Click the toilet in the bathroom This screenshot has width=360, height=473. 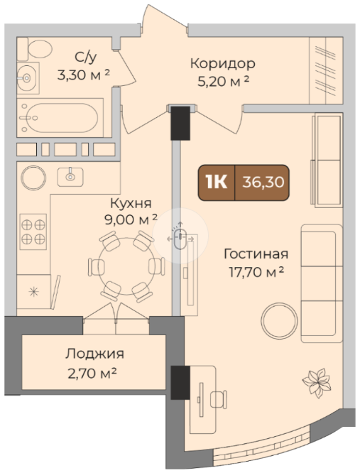click(35, 49)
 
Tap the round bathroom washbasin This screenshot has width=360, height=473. click(27, 78)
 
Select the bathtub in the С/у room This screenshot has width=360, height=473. click(60, 118)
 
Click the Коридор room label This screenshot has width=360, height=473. click(223, 64)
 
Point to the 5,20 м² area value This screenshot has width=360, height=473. click(224, 81)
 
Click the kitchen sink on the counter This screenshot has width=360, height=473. click(70, 177)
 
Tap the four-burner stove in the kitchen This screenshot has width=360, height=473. click(33, 232)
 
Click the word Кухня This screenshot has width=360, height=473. click(131, 203)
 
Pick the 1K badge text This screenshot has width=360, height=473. click(216, 183)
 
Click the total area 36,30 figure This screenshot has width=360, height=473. click(263, 183)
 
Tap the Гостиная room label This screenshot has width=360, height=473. click(256, 254)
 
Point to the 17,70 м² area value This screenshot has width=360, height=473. click(256, 272)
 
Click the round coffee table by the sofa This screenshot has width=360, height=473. click(280, 321)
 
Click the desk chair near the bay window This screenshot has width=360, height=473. click(219, 400)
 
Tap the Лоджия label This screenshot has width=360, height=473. click(94, 354)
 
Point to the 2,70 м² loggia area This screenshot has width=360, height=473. click(92, 374)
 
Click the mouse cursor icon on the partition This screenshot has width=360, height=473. click(180, 236)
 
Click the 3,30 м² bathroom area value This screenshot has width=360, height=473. click(84, 75)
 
